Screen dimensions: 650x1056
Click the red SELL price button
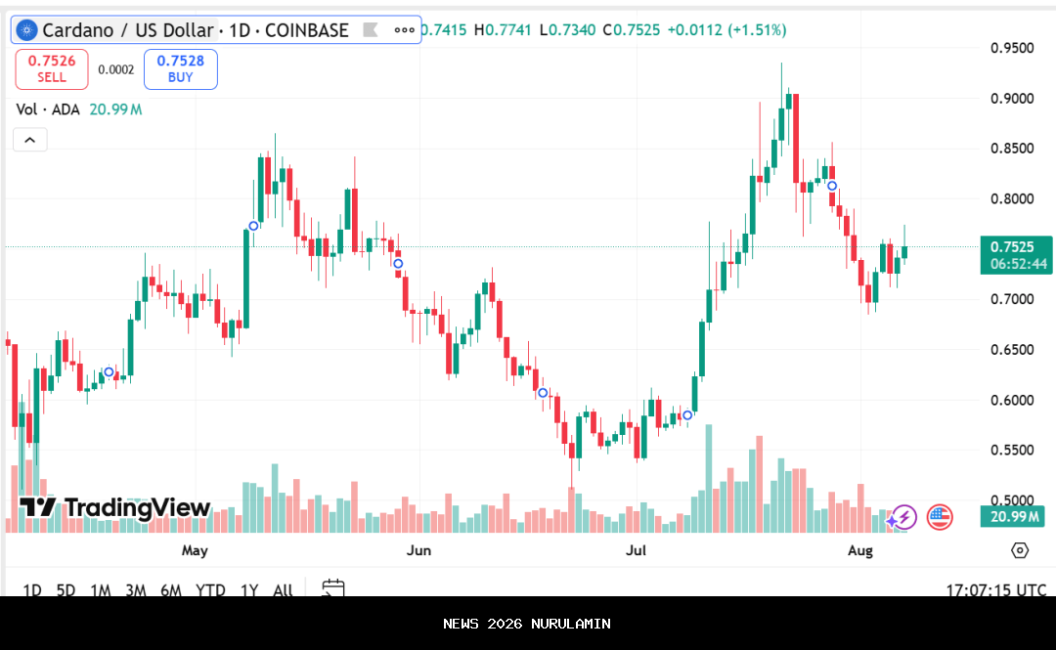52,68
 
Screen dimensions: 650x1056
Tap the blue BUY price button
181,68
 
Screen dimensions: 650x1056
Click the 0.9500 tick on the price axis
1013,48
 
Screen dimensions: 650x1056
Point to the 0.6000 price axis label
1013,400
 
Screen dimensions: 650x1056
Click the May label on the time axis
195,550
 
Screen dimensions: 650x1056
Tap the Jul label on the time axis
637,550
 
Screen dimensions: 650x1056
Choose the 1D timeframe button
32,589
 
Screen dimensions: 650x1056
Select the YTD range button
210,589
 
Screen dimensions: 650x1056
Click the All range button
283,589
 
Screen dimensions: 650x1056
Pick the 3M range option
136,589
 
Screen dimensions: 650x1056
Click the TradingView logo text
115,508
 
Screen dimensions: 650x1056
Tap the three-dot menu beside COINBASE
405,30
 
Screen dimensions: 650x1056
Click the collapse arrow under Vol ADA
29,141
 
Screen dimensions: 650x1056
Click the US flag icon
940,517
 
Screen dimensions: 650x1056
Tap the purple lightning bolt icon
903,517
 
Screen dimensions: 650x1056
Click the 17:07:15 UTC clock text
996,589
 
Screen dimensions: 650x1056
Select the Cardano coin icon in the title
26,30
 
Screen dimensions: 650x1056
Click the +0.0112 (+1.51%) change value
726,30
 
